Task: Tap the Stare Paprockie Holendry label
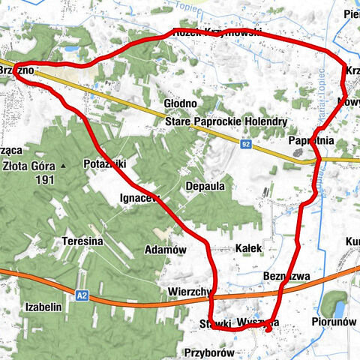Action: tap(214, 121)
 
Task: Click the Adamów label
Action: tap(164, 250)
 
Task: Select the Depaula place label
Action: tap(205, 187)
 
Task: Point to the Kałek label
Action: tap(247, 247)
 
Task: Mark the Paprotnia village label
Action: tap(310, 140)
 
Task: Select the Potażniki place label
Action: tap(105, 163)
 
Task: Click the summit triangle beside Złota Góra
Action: tap(64, 165)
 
